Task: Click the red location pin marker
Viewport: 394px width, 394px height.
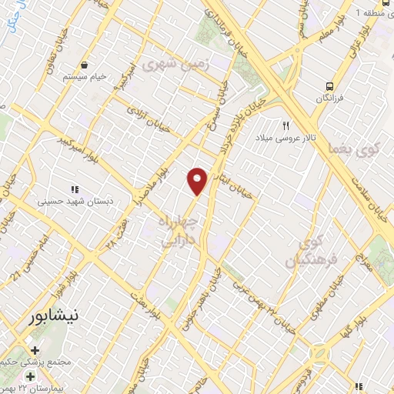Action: coord(198,180)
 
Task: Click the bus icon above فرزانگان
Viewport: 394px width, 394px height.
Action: coord(329,87)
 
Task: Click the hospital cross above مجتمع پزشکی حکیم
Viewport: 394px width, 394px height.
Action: coord(35,350)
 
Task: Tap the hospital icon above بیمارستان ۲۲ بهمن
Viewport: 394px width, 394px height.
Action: coord(30,376)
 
